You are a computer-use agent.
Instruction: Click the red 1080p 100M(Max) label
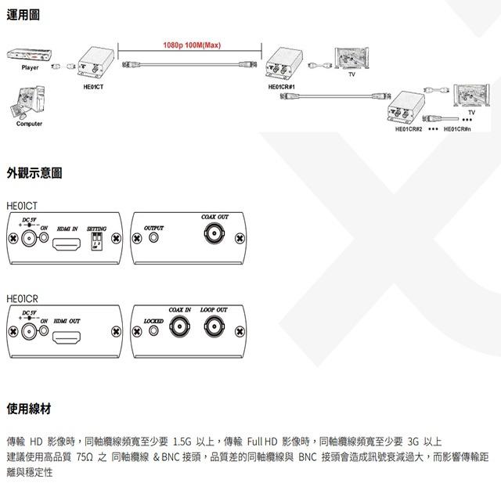pos(191,45)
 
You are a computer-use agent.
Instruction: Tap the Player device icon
pos(29,56)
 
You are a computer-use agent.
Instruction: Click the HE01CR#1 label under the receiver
pos(281,87)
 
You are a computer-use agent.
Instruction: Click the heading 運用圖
pos(23,16)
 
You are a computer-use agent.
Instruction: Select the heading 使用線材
pos(29,409)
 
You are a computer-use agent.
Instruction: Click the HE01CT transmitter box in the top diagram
pos(92,63)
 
